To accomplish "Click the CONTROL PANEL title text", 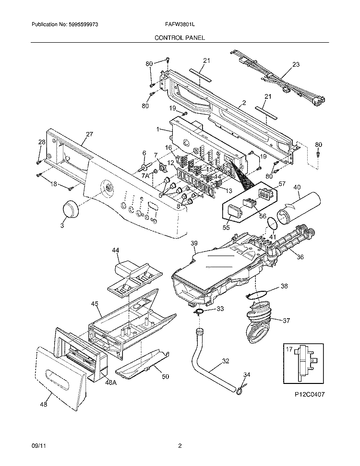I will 180,37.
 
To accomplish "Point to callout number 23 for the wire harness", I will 296,64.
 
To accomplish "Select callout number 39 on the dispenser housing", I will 194,243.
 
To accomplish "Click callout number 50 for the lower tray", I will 165,377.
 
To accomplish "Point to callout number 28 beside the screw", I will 41,142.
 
